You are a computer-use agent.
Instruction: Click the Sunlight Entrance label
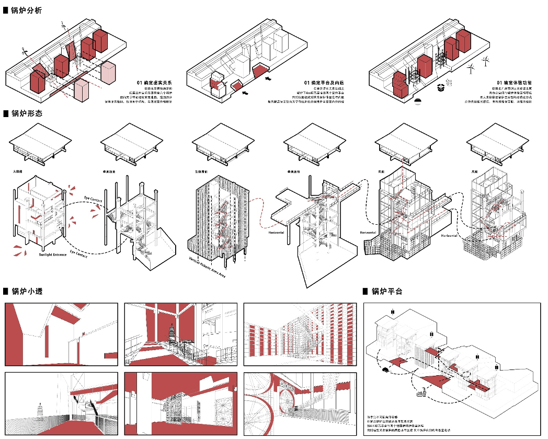click(53, 255)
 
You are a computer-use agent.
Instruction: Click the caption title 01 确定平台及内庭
click(324, 83)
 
